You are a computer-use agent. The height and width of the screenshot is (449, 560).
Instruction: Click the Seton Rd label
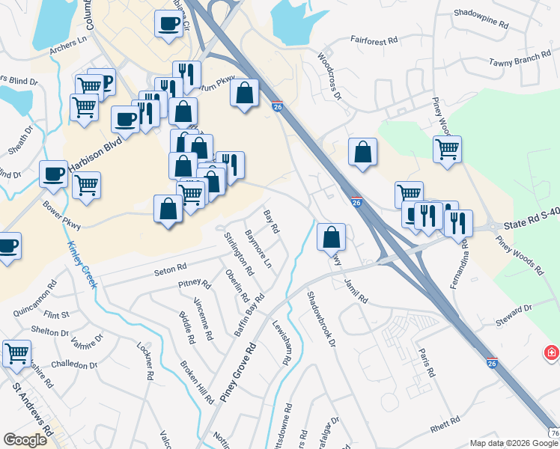tap(170, 268)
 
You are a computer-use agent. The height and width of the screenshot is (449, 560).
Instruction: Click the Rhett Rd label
tap(448, 428)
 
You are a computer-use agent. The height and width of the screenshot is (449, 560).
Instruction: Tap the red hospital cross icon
tap(552, 352)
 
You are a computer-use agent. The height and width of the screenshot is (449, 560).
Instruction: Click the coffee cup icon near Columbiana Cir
tap(168, 22)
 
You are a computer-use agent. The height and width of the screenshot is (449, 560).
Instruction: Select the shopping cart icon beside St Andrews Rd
tap(16, 352)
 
